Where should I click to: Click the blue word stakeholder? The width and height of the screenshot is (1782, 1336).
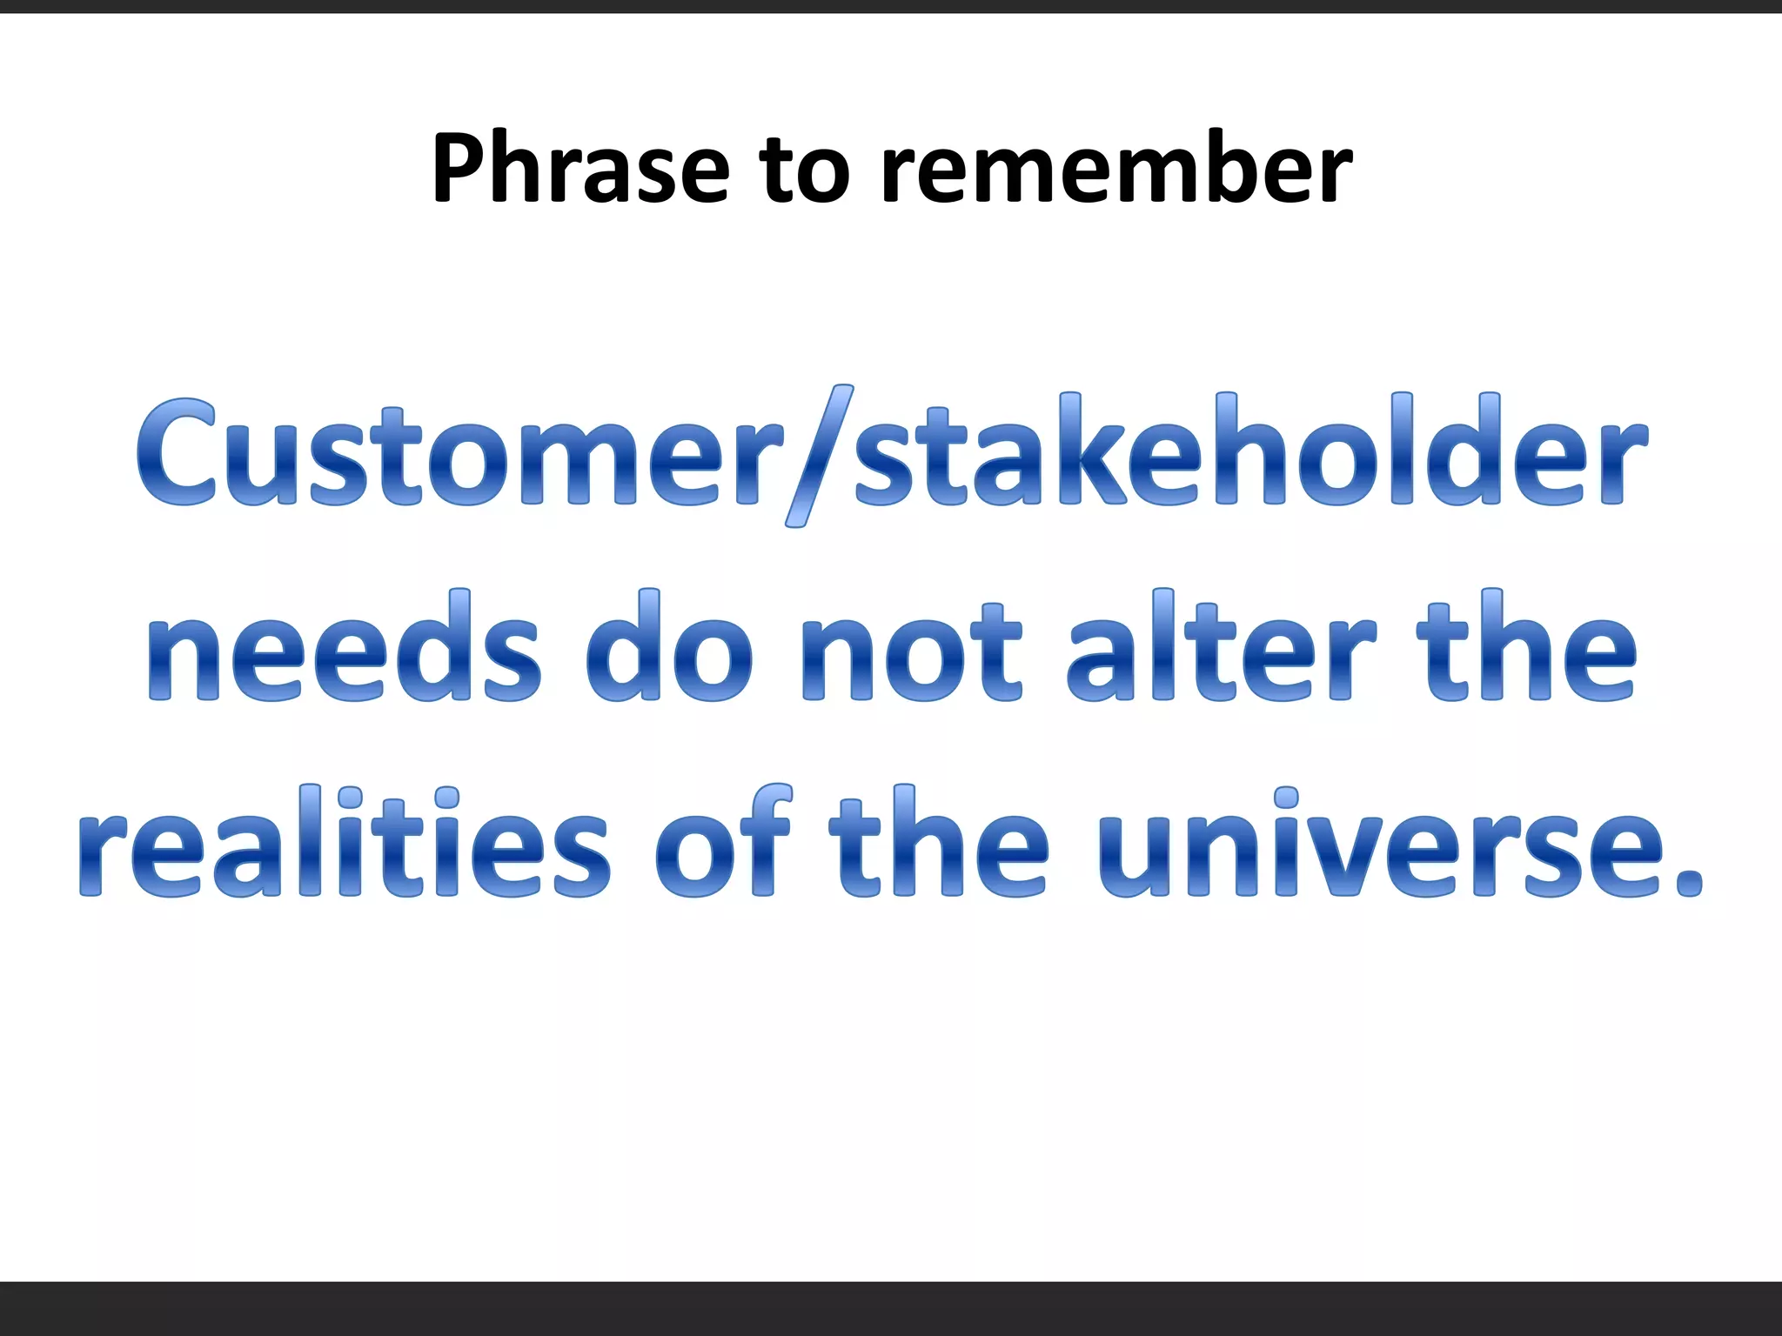tap(1249, 452)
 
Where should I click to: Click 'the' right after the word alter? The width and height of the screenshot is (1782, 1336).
tap(1526, 648)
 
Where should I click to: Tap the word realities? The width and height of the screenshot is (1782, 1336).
tap(344, 844)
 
